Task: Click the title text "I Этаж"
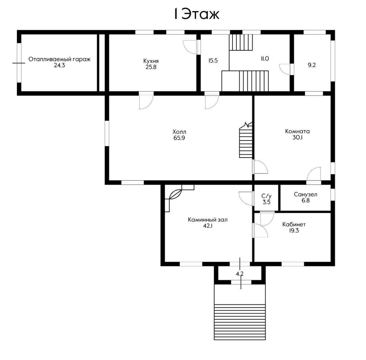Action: (197, 14)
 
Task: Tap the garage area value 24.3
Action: (59, 66)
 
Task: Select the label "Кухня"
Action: (151, 61)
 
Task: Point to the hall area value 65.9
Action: (179, 138)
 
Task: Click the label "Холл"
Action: (179, 132)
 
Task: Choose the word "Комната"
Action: (297, 131)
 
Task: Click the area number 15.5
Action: (213, 61)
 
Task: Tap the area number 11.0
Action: (265, 59)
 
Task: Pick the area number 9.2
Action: (312, 65)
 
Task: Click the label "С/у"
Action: (266, 196)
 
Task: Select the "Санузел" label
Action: (305, 194)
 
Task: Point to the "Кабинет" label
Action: (294, 225)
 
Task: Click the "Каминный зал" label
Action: (208, 220)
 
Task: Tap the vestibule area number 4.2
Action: (240, 274)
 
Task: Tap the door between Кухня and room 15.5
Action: (190, 47)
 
